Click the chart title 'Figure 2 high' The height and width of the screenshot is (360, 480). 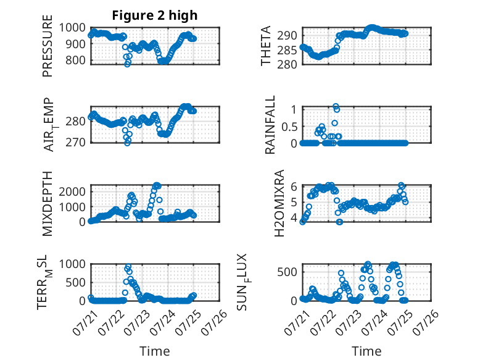155,15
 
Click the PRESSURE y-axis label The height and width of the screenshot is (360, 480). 48,46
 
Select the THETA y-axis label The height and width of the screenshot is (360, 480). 266,46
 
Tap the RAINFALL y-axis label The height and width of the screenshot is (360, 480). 270,125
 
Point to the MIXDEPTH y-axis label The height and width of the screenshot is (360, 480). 48,203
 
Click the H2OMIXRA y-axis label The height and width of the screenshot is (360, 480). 279,203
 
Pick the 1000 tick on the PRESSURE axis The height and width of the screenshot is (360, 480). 72,28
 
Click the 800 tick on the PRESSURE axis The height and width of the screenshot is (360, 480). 76,60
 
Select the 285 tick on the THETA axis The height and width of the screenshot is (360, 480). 287,50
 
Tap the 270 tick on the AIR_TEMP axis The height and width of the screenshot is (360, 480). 76,142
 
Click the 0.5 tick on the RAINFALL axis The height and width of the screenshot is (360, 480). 289,127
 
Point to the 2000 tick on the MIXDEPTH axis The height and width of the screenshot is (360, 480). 72,192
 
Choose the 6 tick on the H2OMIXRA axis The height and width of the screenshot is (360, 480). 294,186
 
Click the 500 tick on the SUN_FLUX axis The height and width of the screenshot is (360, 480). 287,272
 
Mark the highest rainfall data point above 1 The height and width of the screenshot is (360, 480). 336,106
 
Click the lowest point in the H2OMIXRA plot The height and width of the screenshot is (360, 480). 339,222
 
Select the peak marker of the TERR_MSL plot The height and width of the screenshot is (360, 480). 128,267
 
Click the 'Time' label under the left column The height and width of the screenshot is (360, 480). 155,351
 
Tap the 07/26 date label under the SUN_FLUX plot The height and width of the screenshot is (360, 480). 426,322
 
